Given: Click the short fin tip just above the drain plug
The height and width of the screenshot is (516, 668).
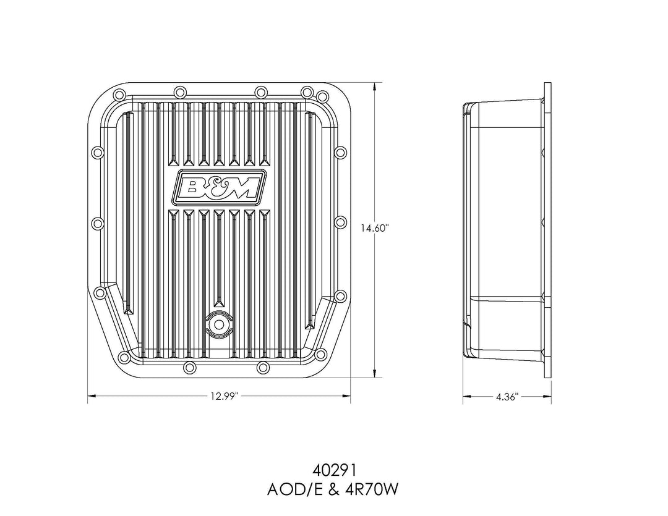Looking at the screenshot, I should tap(219, 303).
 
